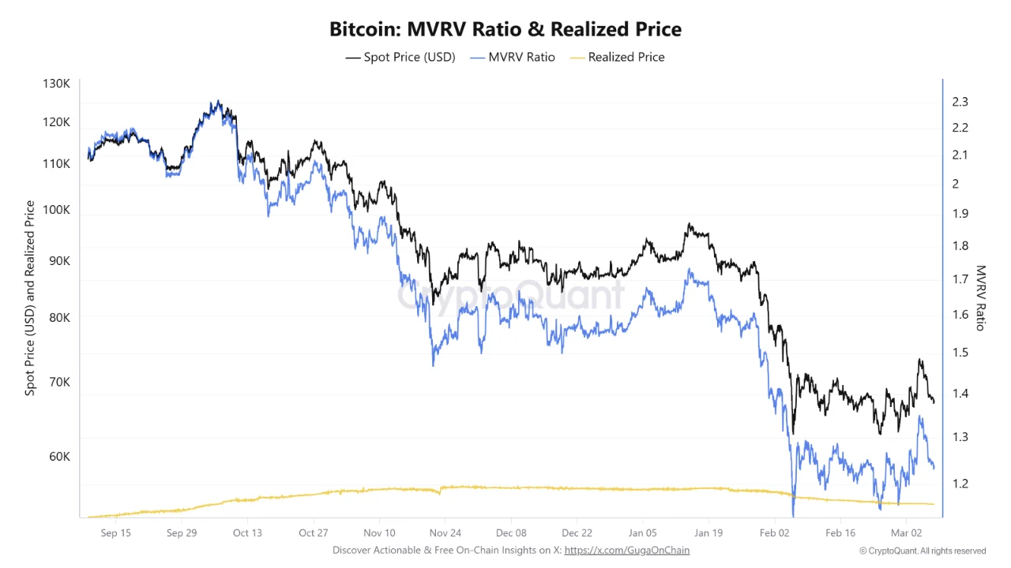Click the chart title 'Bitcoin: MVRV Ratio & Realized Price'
pos(505,29)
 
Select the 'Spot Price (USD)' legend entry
pos(400,57)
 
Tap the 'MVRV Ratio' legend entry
pos(512,57)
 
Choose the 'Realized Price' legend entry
pos(617,57)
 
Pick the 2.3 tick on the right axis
pos(960,102)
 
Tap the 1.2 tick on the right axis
pos(960,484)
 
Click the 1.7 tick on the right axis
pos(960,279)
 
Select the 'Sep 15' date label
pos(115,532)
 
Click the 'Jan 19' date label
pos(708,532)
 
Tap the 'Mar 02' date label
pos(907,532)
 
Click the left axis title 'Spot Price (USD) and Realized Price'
pos(30,298)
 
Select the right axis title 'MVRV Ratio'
pos(980,298)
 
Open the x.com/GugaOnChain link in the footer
pos(627,550)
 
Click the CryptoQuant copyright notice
pos(923,551)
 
